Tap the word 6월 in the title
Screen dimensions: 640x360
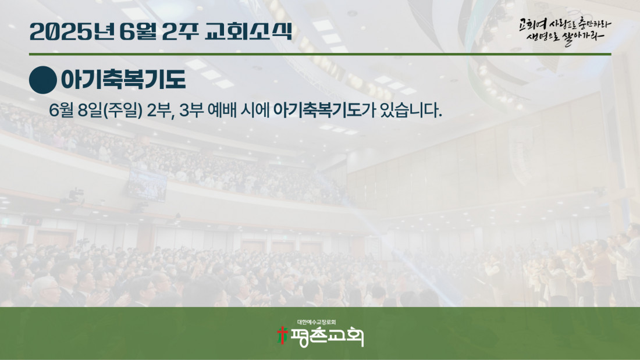(137, 31)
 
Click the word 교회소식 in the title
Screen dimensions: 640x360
(248, 31)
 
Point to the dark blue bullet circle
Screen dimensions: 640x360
(43, 80)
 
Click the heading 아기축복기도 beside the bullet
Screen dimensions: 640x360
(123, 80)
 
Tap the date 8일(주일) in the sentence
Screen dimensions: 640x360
(110, 111)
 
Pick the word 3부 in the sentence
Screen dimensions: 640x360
(191, 110)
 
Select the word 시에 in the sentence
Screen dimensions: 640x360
(255, 110)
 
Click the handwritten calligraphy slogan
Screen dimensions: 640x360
(565, 31)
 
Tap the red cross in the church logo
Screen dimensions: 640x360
(282, 335)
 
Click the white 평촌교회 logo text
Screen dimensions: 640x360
(326, 337)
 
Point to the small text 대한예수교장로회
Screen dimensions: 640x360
(317, 322)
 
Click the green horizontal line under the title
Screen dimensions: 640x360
(320, 54)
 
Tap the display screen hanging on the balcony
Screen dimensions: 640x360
(147, 185)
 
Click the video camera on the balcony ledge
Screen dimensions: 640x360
(74, 195)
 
